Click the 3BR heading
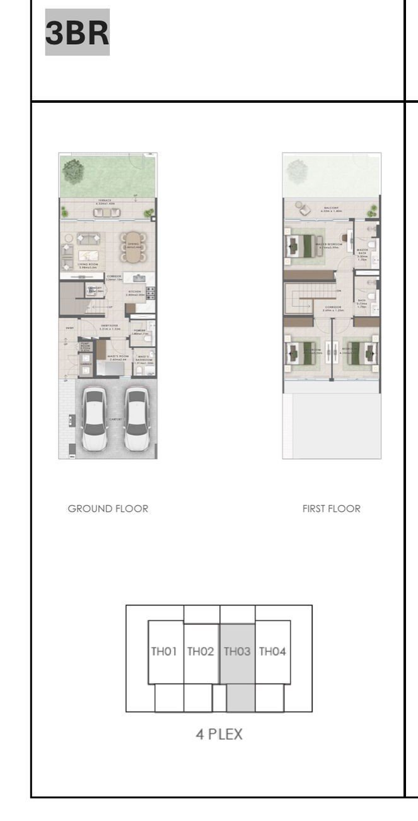coord(77,32)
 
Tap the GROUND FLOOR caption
coord(108,509)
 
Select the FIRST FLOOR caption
coord(331,509)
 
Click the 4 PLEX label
coord(219,734)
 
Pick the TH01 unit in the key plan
coord(165,651)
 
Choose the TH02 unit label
coord(201,651)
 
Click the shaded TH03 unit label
coord(238,651)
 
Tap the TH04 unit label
coord(273,651)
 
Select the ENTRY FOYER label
coord(110,326)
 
